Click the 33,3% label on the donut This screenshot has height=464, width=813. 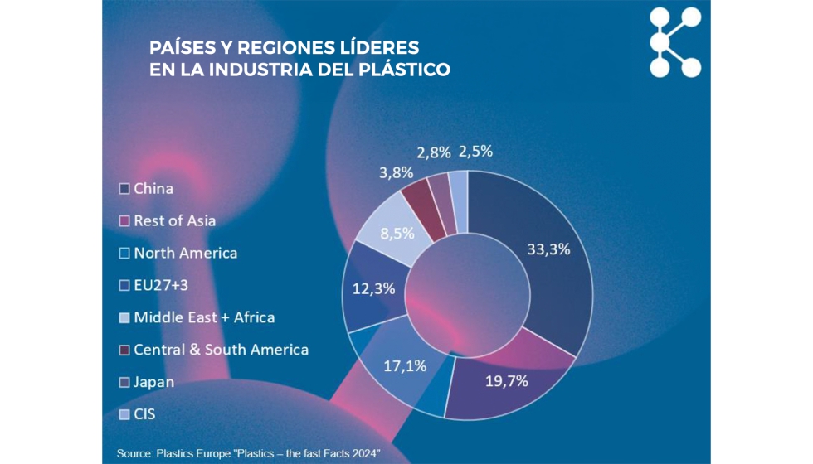(x=548, y=249)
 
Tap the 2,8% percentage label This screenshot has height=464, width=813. (x=435, y=152)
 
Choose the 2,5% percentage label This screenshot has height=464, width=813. (x=475, y=152)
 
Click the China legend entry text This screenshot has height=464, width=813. (x=153, y=189)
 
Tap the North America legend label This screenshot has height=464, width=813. (x=185, y=254)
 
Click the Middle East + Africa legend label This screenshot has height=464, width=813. (x=203, y=317)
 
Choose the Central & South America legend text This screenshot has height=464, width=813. (x=221, y=350)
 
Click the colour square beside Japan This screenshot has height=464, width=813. (x=124, y=382)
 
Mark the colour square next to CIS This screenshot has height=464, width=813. (x=124, y=414)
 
